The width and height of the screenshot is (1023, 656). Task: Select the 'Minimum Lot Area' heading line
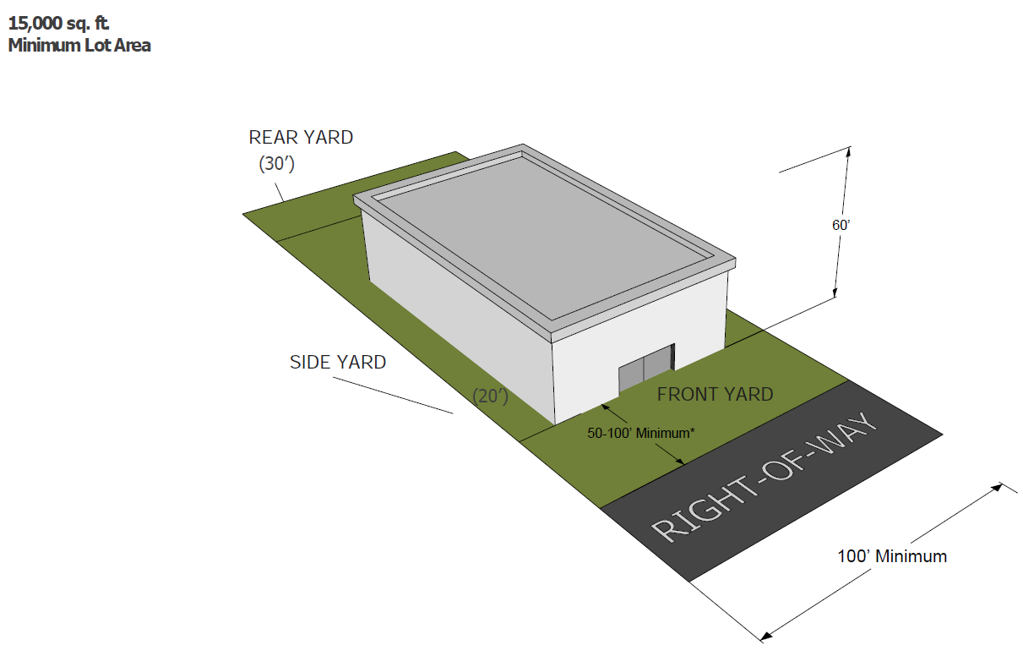[x=79, y=46]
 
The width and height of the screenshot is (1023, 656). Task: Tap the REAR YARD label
[x=301, y=137]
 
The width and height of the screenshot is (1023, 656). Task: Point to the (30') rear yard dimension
[x=276, y=164]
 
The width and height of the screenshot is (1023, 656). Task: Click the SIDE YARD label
[x=338, y=362]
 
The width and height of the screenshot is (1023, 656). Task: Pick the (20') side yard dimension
[x=491, y=394]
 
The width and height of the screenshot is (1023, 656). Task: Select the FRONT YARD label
[x=715, y=394]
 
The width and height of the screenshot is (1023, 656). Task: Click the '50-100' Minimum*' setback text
[x=641, y=434]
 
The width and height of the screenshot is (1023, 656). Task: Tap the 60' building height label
[x=840, y=225]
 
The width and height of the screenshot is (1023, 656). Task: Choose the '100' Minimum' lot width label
[x=892, y=556]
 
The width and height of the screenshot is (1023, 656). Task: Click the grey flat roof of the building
[x=541, y=237]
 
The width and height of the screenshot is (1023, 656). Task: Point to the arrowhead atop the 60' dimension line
[x=847, y=151]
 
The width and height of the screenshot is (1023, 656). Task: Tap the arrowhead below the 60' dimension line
[x=835, y=292]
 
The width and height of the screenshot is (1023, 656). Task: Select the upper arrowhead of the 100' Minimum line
[x=999, y=486]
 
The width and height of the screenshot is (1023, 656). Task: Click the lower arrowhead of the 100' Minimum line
[x=765, y=634]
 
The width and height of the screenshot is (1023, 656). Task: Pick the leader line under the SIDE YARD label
[x=393, y=393]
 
